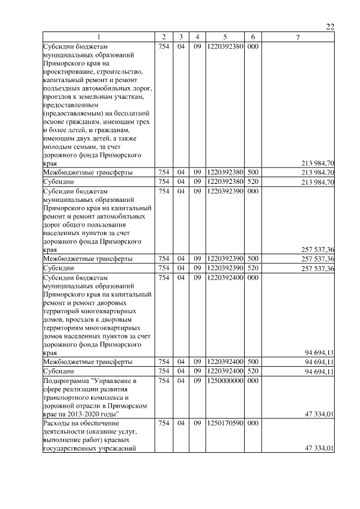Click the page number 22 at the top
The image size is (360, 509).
point(330,27)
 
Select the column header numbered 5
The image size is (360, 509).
point(224,38)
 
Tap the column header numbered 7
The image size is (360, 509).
point(298,38)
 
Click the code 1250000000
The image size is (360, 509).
point(224,381)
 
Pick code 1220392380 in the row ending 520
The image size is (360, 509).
point(224,182)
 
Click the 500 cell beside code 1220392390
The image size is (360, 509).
point(253,259)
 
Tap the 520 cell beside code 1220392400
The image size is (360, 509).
point(253,372)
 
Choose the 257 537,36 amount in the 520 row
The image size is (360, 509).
point(318,268)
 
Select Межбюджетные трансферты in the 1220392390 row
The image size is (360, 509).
point(88,259)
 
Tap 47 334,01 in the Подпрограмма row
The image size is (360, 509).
point(319,415)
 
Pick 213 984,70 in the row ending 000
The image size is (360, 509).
point(318,164)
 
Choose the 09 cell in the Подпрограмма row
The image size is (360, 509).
point(197,381)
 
